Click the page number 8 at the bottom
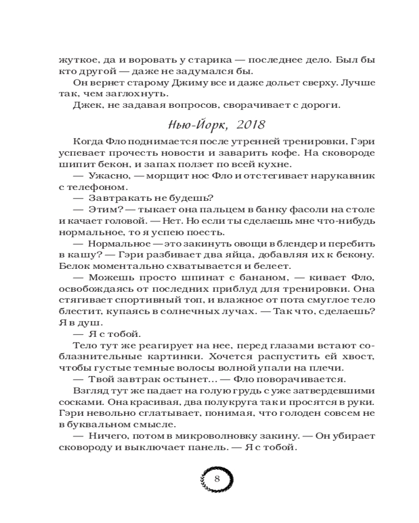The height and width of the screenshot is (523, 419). tap(217, 479)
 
